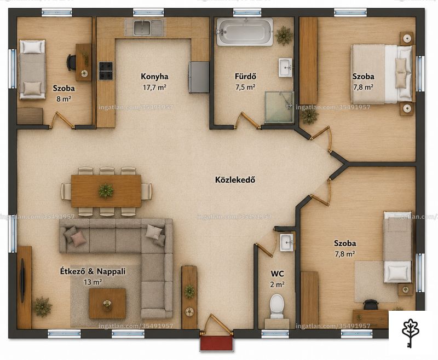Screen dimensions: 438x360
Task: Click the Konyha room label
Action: coord(154,77)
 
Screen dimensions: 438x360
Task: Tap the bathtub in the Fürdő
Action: coord(245,32)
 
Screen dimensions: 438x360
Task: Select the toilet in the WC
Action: coord(277,306)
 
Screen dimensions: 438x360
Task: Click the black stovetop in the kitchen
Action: coord(106,71)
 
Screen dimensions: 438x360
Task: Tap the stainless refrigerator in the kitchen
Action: coord(199,77)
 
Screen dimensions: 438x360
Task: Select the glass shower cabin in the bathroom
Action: coord(279,107)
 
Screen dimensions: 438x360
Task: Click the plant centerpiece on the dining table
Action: coord(106,191)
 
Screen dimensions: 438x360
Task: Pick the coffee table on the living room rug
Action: coord(107,304)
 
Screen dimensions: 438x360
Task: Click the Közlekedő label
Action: coord(235,179)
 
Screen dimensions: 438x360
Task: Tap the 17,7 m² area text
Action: coord(154,88)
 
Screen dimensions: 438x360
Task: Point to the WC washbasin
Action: coord(286,242)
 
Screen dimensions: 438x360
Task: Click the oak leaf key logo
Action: coord(411,333)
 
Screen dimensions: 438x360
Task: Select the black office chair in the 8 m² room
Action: coord(71,62)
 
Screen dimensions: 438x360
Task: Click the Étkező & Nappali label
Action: coord(93,271)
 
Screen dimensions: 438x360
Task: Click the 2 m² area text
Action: coord(277,284)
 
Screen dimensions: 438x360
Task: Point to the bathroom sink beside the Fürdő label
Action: coord(285,67)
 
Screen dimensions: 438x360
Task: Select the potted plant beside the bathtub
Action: coord(284,35)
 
